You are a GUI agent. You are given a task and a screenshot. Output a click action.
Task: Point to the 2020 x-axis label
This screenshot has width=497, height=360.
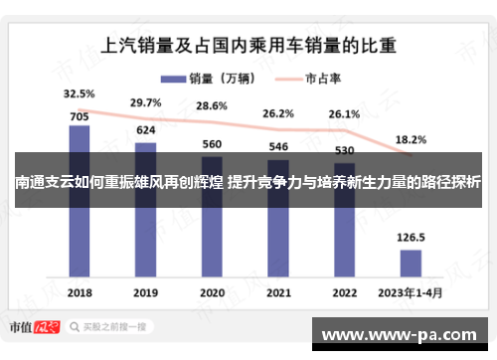(x=211, y=293)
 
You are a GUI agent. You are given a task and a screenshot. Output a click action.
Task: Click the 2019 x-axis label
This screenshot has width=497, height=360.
(x=145, y=293)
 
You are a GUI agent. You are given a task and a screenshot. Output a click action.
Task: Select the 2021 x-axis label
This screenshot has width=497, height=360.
(x=277, y=293)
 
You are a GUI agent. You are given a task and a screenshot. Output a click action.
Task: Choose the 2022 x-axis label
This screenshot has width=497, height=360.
(x=344, y=293)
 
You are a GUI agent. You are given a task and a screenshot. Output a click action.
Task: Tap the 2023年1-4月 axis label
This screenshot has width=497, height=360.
(x=411, y=293)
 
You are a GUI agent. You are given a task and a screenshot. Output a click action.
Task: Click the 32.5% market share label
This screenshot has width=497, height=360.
(x=79, y=93)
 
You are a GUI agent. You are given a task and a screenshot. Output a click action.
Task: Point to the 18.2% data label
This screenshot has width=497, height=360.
(x=411, y=140)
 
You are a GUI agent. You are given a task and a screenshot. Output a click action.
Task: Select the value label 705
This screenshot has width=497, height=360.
(x=80, y=114)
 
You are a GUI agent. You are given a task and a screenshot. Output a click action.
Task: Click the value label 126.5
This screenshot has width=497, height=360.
(x=411, y=238)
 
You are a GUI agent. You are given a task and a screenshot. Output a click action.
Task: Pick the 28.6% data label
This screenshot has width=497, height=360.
(x=212, y=106)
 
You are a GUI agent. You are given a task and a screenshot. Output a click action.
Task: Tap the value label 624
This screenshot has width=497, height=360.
(x=145, y=130)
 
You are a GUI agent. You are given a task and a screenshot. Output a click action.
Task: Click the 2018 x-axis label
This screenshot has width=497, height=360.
(x=80, y=293)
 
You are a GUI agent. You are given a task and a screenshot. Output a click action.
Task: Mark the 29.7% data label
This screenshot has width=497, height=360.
(x=145, y=102)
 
